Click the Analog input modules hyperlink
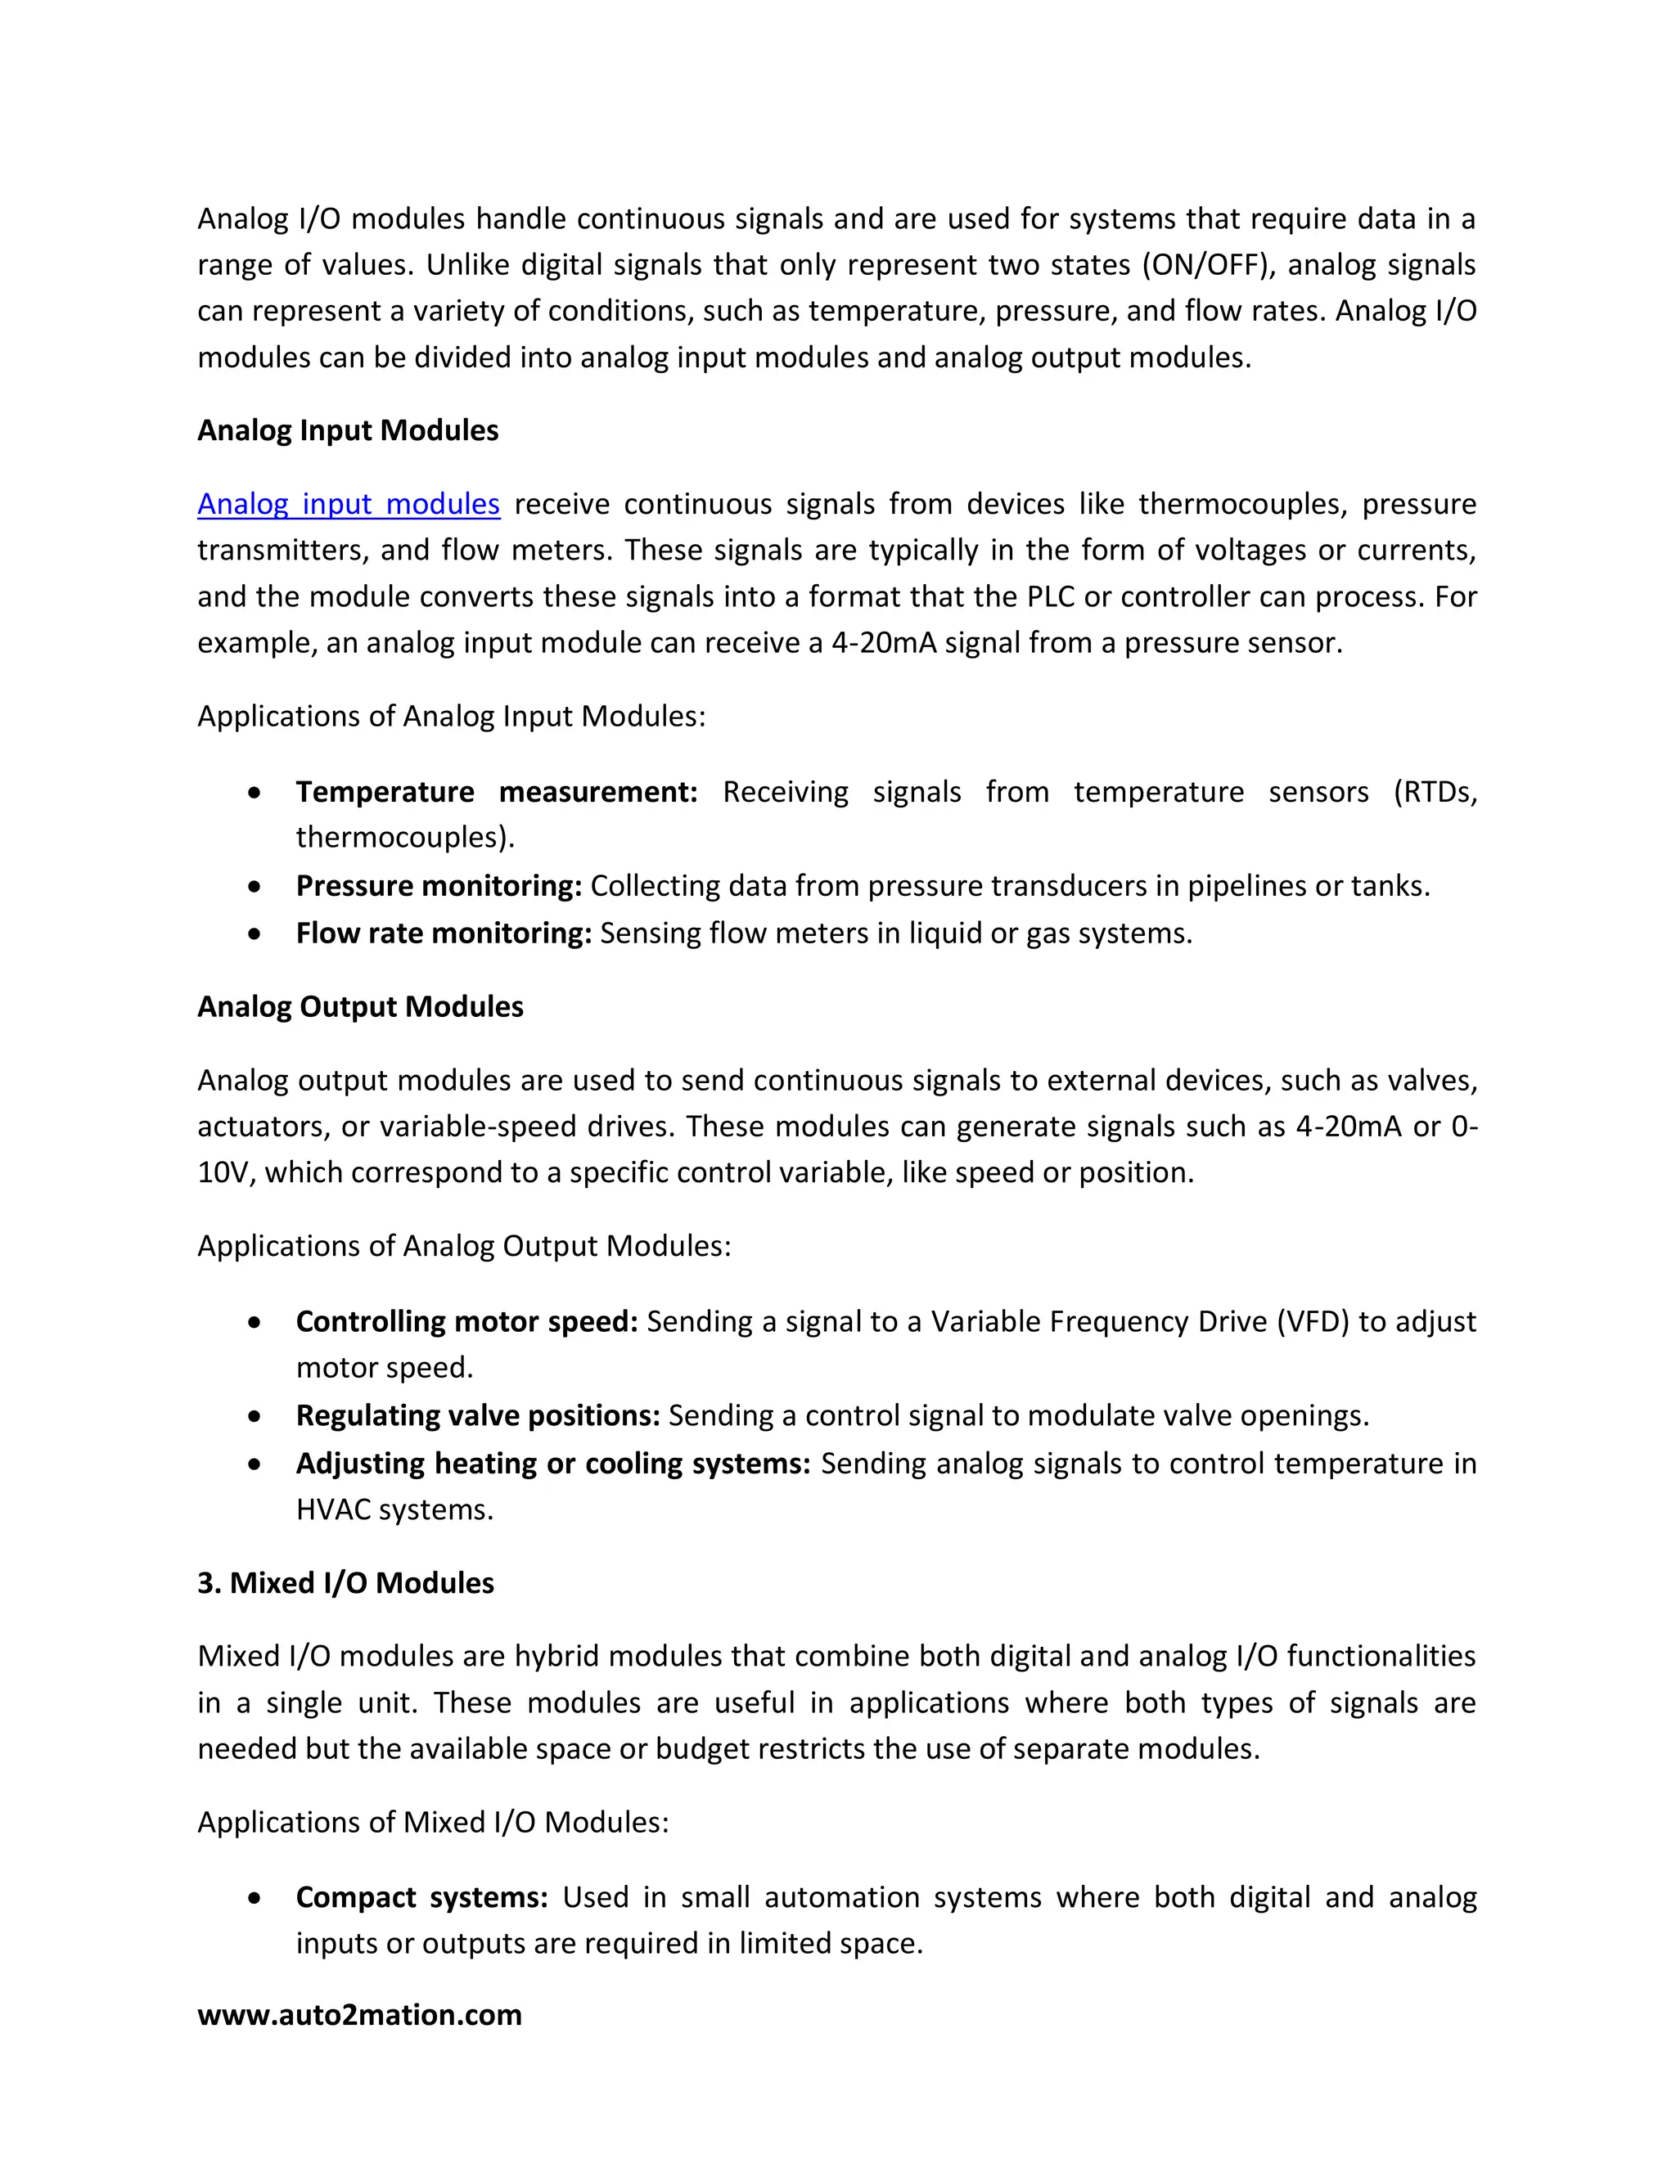(348, 504)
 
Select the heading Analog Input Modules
(348, 431)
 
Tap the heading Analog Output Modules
(359, 1006)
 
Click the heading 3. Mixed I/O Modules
(345, 1582)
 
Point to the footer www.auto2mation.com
(358, 2014)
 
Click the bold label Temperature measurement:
(497, 791)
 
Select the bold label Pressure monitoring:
(438, 885)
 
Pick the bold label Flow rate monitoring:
(443, 933)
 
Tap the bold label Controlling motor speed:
(466, 1321)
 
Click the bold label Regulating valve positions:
(478, 1415)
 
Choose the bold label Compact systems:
(421, 1897)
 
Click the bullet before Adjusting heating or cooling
(255, 1464)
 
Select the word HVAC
(332, 1510)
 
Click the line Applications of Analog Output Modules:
(464, 1246)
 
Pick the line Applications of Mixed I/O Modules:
(433, 1822)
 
